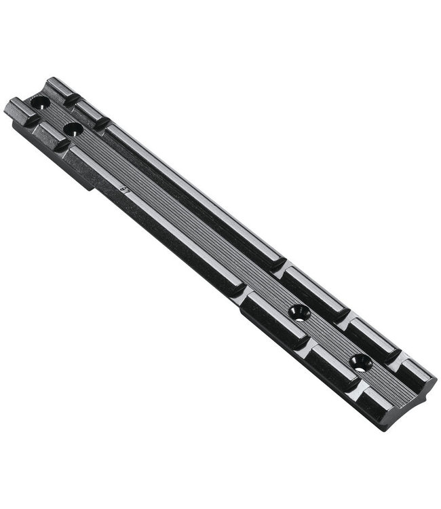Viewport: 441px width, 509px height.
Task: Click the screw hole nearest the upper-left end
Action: click(x=40, y=103)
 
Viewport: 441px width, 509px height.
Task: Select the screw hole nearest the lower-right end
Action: click(x=361, y=362)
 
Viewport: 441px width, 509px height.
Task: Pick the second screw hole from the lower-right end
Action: click(x=299, y=313)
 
